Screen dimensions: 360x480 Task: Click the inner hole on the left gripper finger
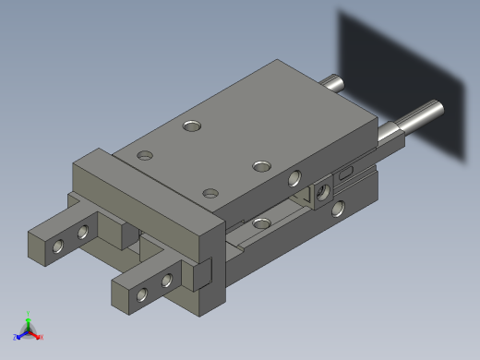pyautogui.click(x=83, y=232)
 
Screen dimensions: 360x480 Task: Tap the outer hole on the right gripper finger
pyautogui.click(x=142, y=294)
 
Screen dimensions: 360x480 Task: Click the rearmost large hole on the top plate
pyautogui.click(x=192, y=124)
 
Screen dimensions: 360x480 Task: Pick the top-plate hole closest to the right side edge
pyautogui.click(x=262, y=166)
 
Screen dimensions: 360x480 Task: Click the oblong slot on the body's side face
pyautogui.click(x=346, y=173)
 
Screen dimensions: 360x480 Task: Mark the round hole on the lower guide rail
pyautogui.click(x=261, y=222)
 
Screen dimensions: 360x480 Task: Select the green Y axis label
pyautogui.click(x=29, y=314)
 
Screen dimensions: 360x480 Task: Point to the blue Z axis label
pyautogui.click(x=17, y=336)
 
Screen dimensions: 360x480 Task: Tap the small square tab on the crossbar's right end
pyautogui.click(x=201, y=274)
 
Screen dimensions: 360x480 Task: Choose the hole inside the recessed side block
pyautogui.click(x=322, y=192)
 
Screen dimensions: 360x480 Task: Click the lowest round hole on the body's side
pyautogui.click(x=339, y=209)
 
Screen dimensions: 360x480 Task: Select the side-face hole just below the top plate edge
pyautogui.click(x=294, y=177)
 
